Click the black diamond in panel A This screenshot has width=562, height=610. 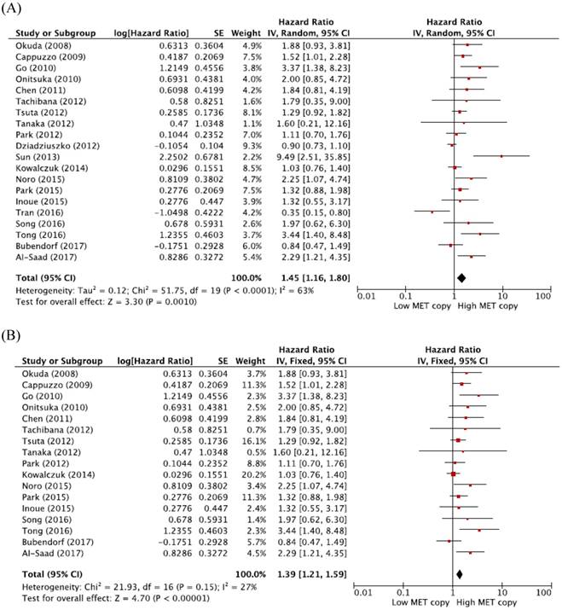pos(461,276)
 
